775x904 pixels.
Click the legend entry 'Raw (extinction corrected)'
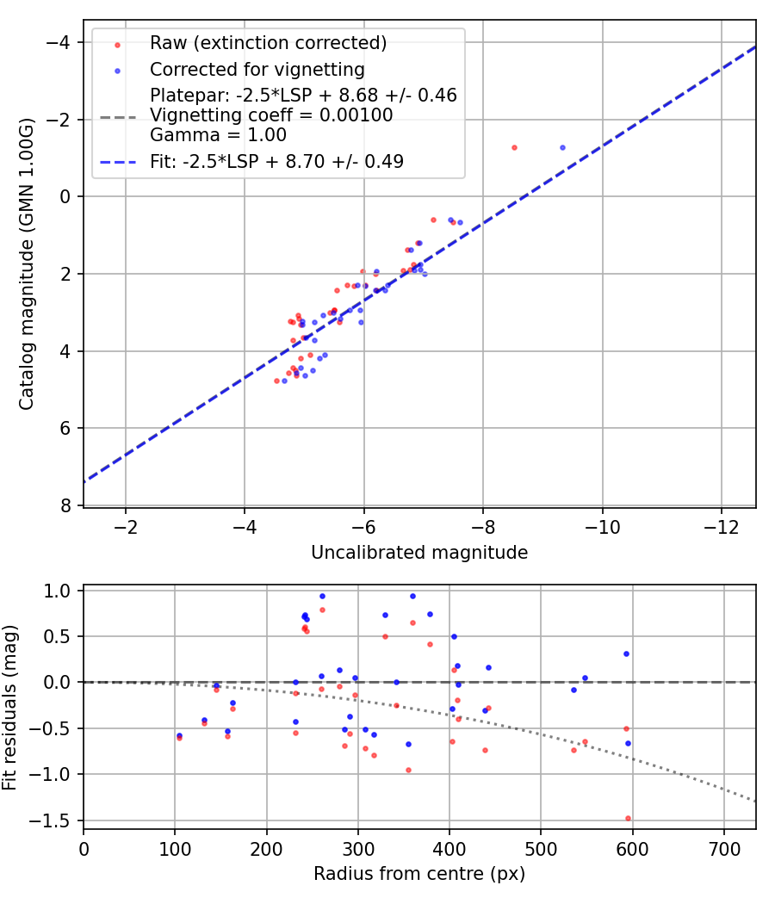pyautogui.click(x=268, y=43)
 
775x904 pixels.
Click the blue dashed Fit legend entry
pyautogui.click(x=276, y=161)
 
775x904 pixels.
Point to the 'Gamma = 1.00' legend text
pyautogui.click(x=218, y=135)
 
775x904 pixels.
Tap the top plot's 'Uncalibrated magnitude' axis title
pyautogui.click(x=419, y=553)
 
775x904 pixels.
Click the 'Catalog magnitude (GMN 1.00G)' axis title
pyautogui.click(x=27, y=265)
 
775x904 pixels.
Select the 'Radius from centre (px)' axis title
pyautogui.click(x=419, y=874)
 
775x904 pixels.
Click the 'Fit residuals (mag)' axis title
pyautogui.click(x=10, y=708)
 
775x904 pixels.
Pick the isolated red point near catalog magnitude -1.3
pyautogui.click(x=514, y=147)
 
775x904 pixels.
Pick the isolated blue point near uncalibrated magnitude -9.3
pyautogui.click(x=562, y=147)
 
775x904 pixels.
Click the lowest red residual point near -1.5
pyautogui.click(x=628, y=818)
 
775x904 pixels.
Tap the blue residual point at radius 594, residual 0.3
pyautogui.click(x=627, y=653)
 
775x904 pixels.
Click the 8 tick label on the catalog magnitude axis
pyautogui.click(x=64, y=505)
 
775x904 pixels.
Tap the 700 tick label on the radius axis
pyautogui.click(x=724, y=848)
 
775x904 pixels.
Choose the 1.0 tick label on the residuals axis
pyautogui.click(x=59, y=591)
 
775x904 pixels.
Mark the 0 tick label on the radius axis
pyautogui.click(x=84, y=848)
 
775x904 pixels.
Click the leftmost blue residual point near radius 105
pyautogui.click(x=179, y=735)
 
